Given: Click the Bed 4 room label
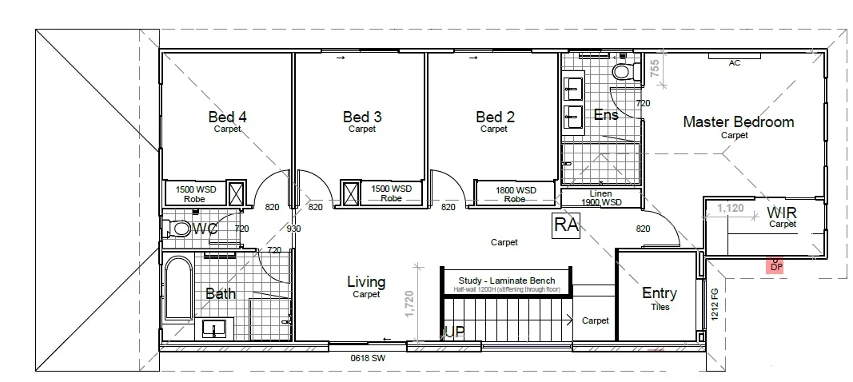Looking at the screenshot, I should coord(227,117).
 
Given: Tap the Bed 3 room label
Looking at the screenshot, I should coord(361,117).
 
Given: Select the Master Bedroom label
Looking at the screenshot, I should coord(738,122).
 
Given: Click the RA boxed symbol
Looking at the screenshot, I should coord(566,225).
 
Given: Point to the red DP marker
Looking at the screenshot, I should coord(775,265).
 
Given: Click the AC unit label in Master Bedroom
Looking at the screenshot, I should coord(734,63).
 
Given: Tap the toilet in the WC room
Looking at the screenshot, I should coord(180,229).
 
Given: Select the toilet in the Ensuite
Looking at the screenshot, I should coord(622,71).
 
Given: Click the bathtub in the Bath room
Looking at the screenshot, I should coord(177,288).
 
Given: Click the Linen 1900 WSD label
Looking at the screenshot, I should coord(600,198).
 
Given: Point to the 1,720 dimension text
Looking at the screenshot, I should coord(410,304).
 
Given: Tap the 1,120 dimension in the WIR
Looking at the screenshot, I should coord(730,208).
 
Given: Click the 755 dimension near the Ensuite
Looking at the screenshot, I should coord(655,70).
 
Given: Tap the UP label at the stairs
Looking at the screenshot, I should coord(454,330).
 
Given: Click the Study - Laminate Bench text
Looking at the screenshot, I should coord(506,280).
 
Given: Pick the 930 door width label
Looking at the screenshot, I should coord(295,229).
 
